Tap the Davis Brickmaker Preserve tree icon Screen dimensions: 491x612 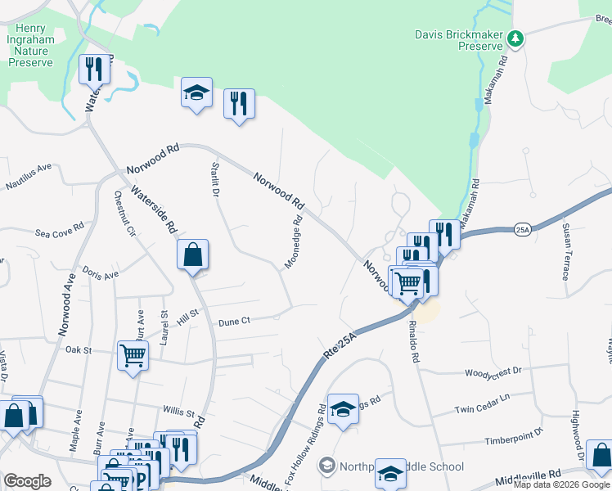point(515,37)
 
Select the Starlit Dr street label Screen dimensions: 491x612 point(216,180)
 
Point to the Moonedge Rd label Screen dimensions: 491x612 point(294,241)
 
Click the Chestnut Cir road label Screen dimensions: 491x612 point(124,214)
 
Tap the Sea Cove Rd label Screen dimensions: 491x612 point(60,232)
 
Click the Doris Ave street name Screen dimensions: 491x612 point(100,275)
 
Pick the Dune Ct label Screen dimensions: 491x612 point(234,322)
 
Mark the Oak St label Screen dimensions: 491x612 point(78,349)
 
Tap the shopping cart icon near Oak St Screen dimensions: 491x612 point(133,356)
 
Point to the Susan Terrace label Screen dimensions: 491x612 point(565,250)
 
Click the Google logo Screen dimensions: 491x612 point(28,481)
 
